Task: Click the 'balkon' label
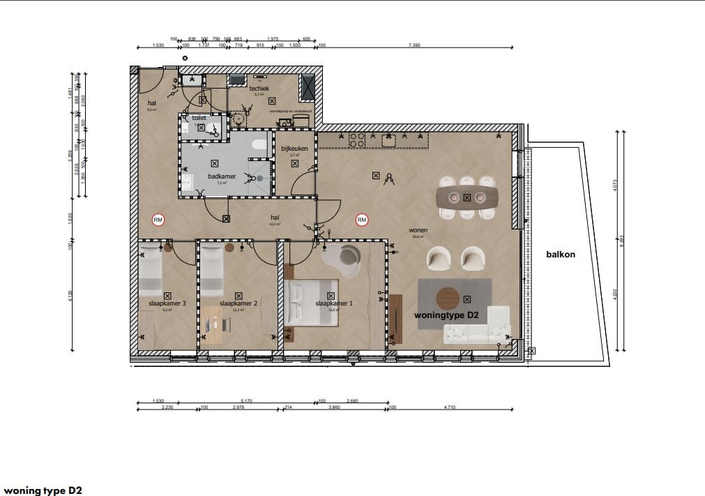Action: [x=561, y=255]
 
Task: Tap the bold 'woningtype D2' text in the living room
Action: [x=446, y=315]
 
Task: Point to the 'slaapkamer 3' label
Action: [x=167, y=304]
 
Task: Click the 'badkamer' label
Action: [x=220, y=177]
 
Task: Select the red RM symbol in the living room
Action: [x=361, y=220]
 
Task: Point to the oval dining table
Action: [x=467, y=197]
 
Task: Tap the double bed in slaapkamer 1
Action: [x=311, y=302]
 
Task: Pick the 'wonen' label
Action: [x=418, y=230]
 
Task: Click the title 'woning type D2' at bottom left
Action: [x=43, y=490]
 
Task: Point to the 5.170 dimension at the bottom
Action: [x=246, y=401]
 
